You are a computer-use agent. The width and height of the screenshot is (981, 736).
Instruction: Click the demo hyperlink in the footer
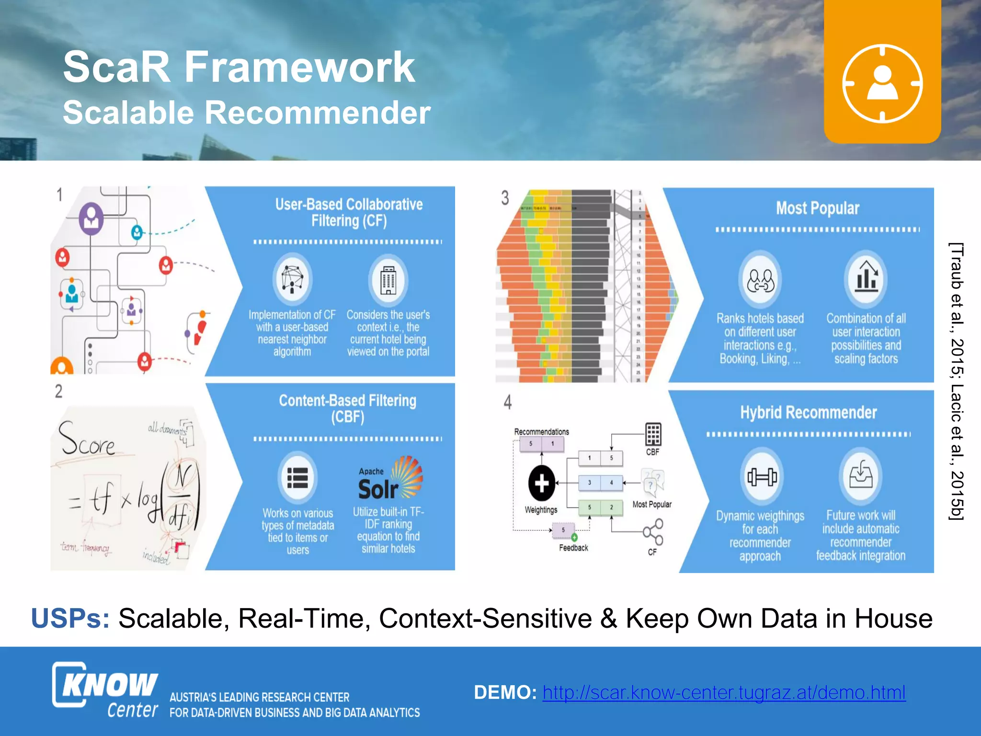click(724, 692)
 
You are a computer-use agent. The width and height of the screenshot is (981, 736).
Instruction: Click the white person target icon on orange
click(882, 83)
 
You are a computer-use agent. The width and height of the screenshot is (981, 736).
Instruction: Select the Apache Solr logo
click(390, 479)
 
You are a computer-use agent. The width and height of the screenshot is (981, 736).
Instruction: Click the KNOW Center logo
click(105, 690)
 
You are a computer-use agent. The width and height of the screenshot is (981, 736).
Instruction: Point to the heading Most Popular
click(817, 208)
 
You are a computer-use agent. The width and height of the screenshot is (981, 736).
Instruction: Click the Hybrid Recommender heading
click(808, 413)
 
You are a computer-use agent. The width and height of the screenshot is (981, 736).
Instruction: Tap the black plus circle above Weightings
click(541, 483)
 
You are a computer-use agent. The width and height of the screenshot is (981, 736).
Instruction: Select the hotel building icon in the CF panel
click(388, 280)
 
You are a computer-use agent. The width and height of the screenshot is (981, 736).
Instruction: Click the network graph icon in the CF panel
click(292, 279)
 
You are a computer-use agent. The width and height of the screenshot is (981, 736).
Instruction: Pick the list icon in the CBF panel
click(297, 478)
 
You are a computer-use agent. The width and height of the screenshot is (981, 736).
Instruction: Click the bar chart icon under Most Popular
click(866, 278)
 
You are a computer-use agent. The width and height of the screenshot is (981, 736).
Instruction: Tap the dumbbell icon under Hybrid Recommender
click(762, 476)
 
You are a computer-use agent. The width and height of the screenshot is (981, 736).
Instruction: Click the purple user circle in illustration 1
click(91, 218)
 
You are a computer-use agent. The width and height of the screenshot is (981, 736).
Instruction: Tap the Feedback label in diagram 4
click(573, 548)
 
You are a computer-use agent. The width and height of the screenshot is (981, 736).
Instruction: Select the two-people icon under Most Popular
click(761, 280)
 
